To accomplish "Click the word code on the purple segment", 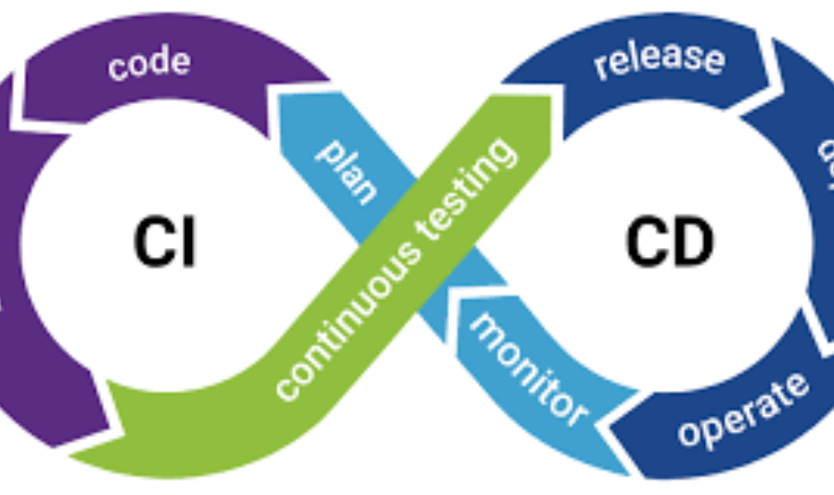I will pyautogui.click(x=149, y=64).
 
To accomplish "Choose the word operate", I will pyautogui.click(x=742, y=410).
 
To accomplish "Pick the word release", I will pyautogui.click(x=659, y=59).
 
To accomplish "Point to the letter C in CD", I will pyautogui.click(x=647, y=243).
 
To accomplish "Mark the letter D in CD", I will pyautogui.click(x=691, y=243).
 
